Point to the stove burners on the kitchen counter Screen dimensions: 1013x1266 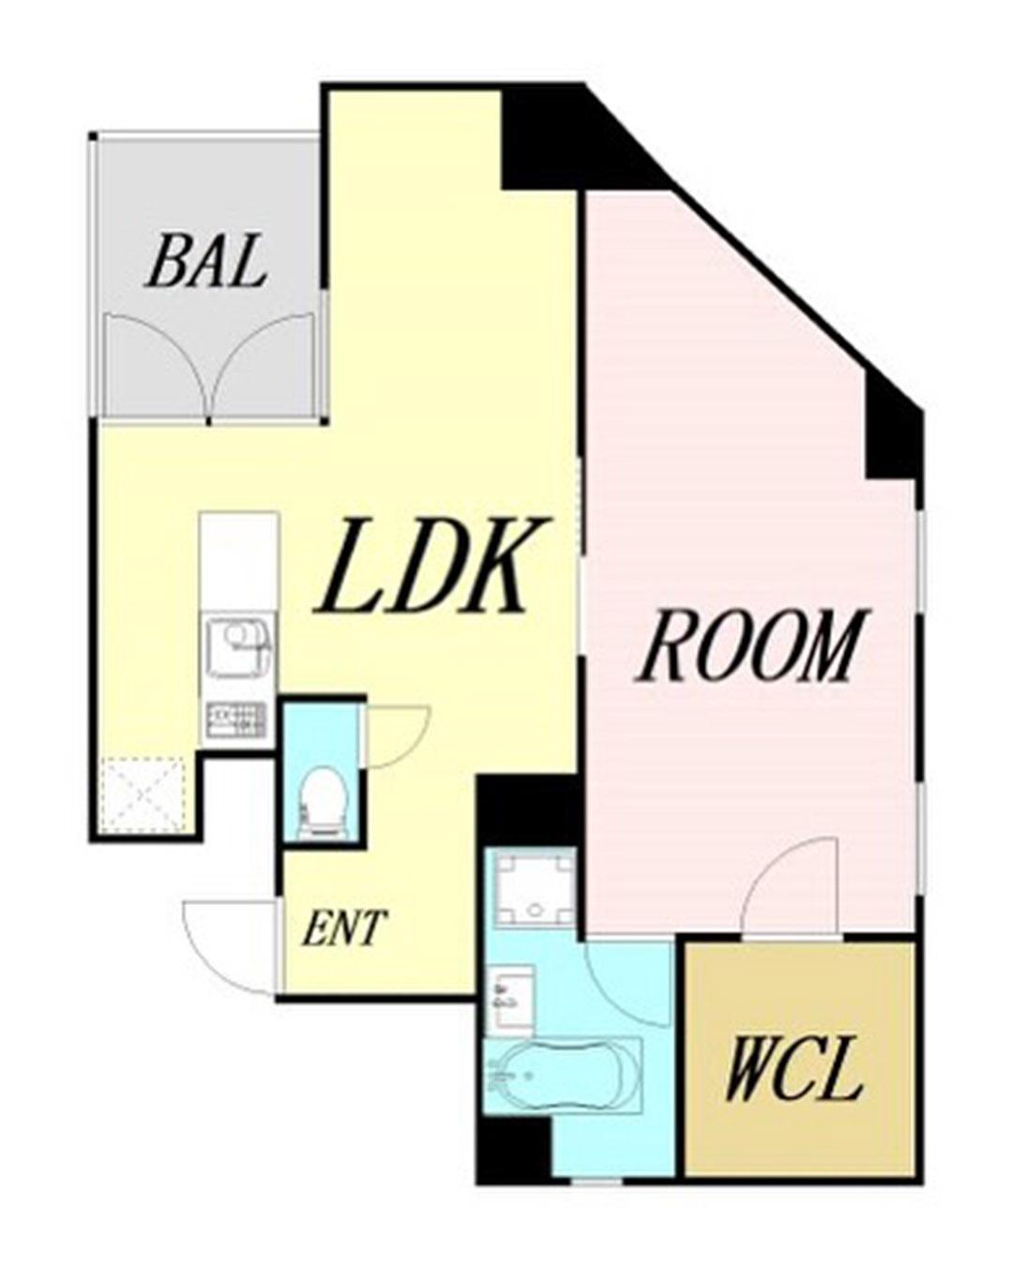point(236,725)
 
